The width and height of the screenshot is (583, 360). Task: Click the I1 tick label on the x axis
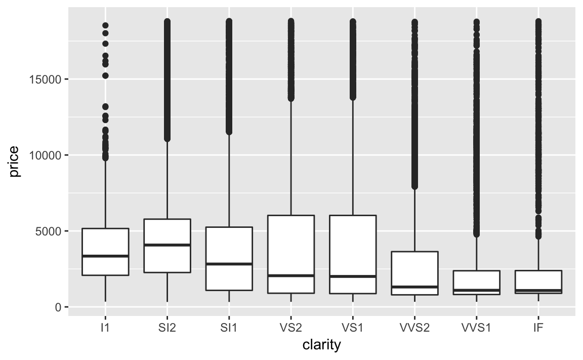click(x=105, y=328)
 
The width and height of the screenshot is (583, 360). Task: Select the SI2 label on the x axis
click(x=167, y=328)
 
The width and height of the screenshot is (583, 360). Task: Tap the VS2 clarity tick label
click(x=290, y=328)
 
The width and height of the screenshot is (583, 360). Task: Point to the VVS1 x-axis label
click(x=476, y=328)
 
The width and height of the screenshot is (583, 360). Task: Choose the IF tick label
click(x=538, y=328)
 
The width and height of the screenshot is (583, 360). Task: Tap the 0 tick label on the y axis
click(x=59, y=307)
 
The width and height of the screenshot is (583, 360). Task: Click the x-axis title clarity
click(x=321, y=346)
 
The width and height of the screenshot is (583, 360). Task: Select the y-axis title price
click(x=14, y=162)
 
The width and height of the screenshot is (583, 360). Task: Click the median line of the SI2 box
click(x=167, y=245)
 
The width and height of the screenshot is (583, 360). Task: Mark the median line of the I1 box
click(x=105, y=256)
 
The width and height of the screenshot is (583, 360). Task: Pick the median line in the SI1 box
click(x=229, y=264)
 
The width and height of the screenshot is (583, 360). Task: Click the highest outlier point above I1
click(x=105, y=25)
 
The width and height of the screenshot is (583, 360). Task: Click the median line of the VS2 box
click(x=290, y=275)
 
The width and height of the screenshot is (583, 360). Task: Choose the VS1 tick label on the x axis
click(x=353, y=328)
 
